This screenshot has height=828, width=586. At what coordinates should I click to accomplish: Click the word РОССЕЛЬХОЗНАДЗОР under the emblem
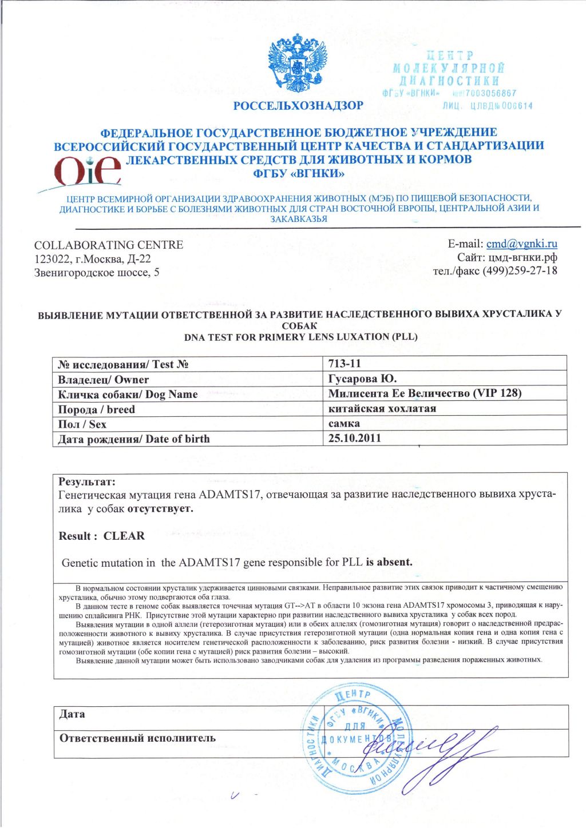(x=298, y=106)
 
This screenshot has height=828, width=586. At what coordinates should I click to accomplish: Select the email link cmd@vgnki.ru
(x=522, y=244)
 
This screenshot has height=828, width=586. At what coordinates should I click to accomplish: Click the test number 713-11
(x=345, y=364)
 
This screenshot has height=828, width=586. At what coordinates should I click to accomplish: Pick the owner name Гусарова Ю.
(x=362, y=379)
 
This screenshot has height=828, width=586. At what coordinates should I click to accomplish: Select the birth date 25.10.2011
(x=355, y=439)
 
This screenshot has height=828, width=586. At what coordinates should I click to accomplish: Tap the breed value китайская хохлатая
(x=382, y=409)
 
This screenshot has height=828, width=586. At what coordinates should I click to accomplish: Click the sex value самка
(x=345, y=424)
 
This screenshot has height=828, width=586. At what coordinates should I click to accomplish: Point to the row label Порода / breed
(x=96, y=409)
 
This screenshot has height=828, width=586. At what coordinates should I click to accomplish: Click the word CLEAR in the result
(x=124, y=536)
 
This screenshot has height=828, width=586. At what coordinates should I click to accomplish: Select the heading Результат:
(x=87, y=482)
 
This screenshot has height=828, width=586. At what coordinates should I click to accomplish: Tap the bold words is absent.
(x=389, y=562)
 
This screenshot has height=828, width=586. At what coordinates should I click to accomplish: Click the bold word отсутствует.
(x=160, y=509)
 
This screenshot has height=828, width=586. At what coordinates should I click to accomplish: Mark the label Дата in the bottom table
(x=72, y=714)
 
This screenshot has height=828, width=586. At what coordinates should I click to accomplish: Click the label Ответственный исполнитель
(x=137, y=738)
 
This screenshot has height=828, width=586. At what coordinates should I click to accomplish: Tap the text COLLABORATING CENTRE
(x=109, y=245)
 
